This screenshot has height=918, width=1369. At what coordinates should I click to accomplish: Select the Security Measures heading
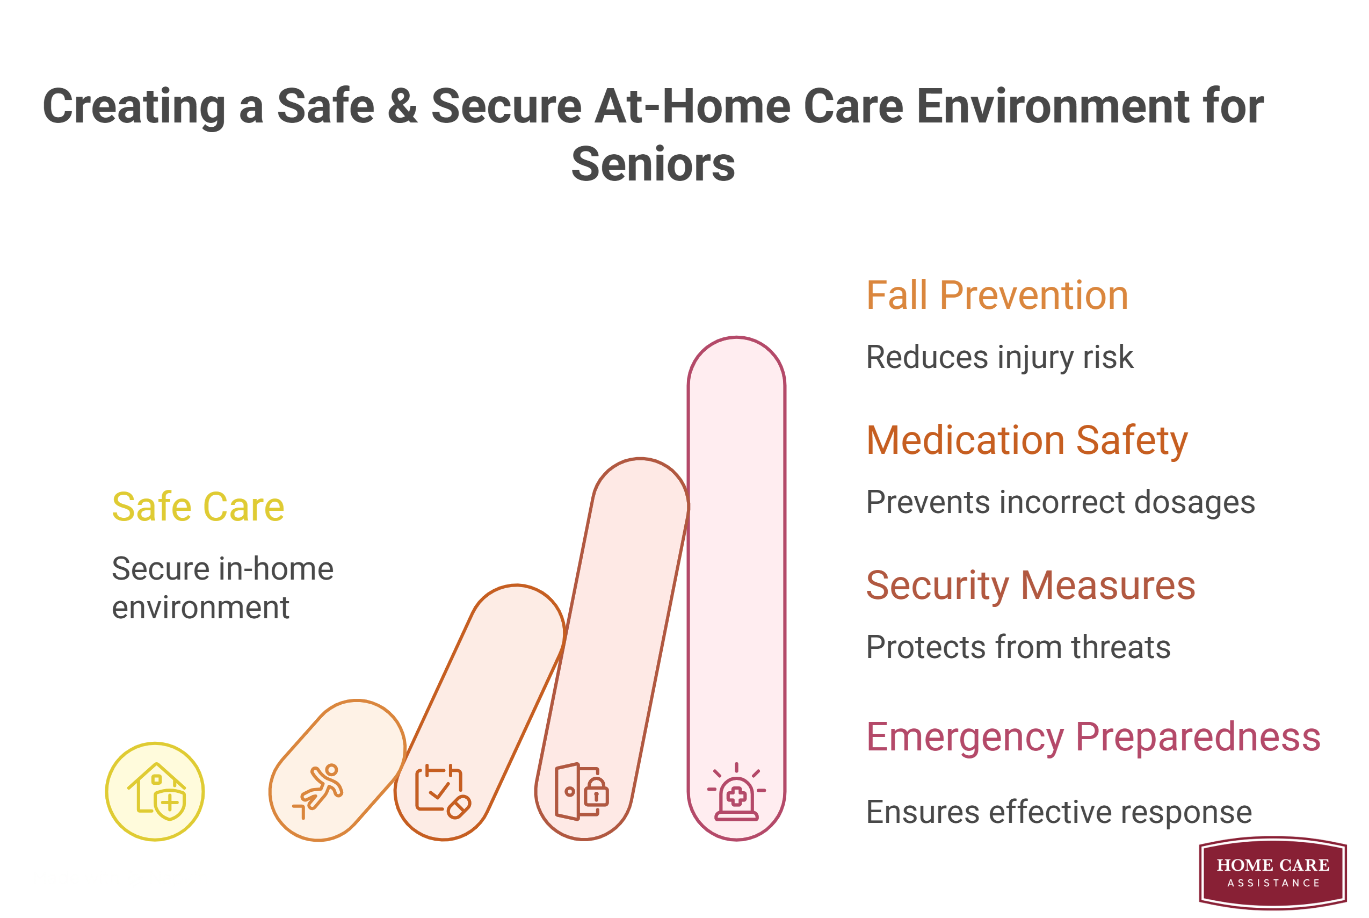pos(1030,586)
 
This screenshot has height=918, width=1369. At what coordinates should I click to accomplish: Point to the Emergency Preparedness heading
pos(1093,737)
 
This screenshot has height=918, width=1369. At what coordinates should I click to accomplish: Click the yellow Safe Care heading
pos(198,507)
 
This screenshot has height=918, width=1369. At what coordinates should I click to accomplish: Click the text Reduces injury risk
pos(999,358)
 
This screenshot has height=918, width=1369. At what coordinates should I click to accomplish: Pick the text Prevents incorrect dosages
pos(1061,503)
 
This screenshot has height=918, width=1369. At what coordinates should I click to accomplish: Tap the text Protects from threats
pos(1018,647)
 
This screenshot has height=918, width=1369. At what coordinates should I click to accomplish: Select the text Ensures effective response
pos(1059,813)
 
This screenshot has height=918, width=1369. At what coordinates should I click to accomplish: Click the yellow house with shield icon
pos(156,792)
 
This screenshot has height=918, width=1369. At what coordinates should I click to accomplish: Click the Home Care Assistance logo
pos(1272,872)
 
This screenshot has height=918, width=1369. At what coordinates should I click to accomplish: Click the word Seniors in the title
pos(653,164)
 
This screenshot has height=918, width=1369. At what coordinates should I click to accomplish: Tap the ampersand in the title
pos(403,106)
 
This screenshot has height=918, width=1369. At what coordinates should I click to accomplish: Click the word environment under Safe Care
pos(200,608)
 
